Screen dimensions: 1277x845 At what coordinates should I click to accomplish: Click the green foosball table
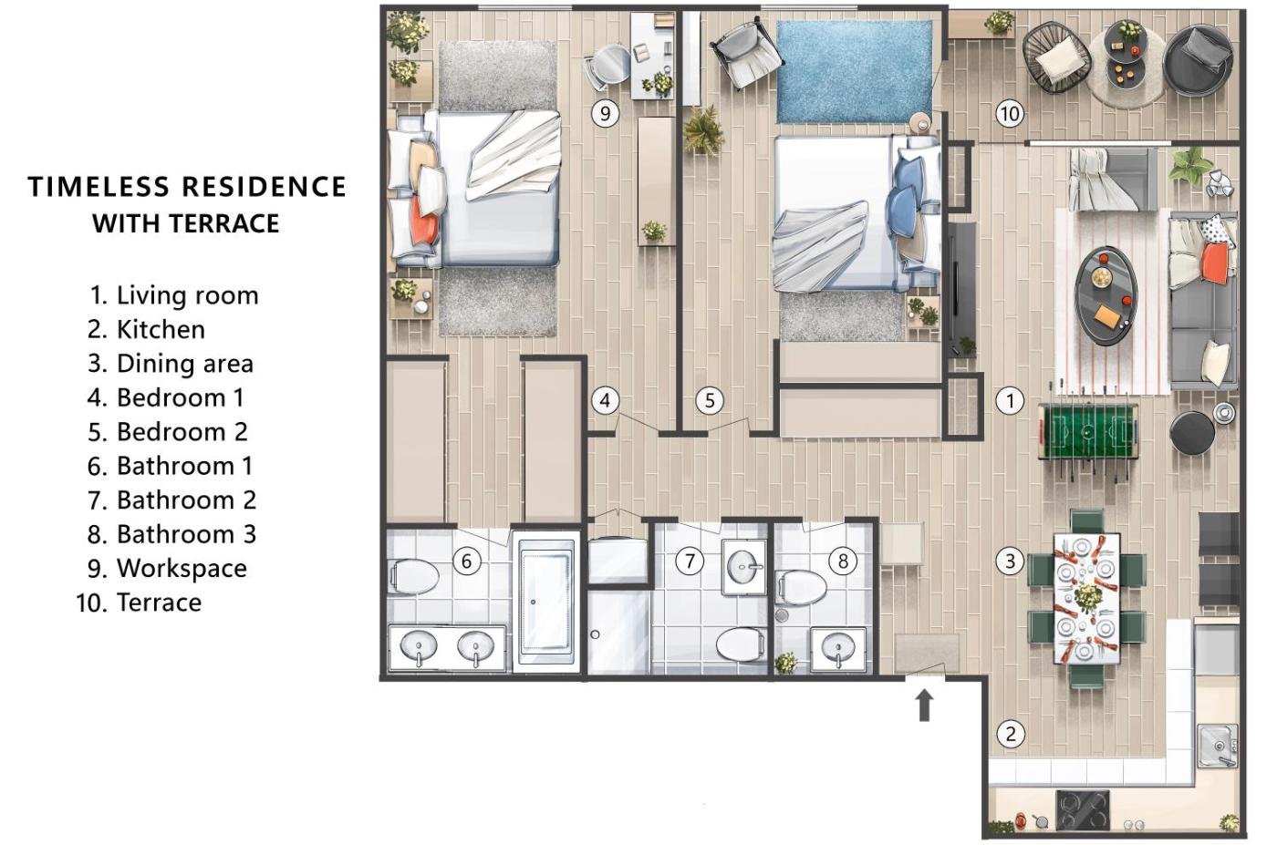1087,431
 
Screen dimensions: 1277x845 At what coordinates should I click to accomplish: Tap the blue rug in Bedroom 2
856,72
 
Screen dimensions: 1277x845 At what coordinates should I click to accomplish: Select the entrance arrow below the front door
925,706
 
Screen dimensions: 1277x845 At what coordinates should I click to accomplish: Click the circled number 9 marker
605,113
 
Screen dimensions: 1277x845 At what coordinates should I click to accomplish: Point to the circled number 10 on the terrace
1010,113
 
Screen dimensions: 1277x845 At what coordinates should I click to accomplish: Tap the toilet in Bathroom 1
413,576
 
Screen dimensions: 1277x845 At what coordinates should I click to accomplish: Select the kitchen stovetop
1082,810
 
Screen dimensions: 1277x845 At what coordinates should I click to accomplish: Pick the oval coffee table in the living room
1106,295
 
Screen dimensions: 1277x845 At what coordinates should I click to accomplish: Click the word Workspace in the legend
182,568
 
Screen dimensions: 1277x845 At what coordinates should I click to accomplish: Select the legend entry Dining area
171,364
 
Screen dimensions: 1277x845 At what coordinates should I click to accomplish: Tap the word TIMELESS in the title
99,186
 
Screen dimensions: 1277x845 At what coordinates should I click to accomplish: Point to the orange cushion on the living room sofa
1214,263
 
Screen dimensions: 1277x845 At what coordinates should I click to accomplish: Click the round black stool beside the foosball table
1192,433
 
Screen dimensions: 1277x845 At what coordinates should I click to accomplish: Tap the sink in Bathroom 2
744,567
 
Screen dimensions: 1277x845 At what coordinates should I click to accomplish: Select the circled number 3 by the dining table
1010,562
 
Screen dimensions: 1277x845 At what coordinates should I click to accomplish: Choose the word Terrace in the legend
159,603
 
